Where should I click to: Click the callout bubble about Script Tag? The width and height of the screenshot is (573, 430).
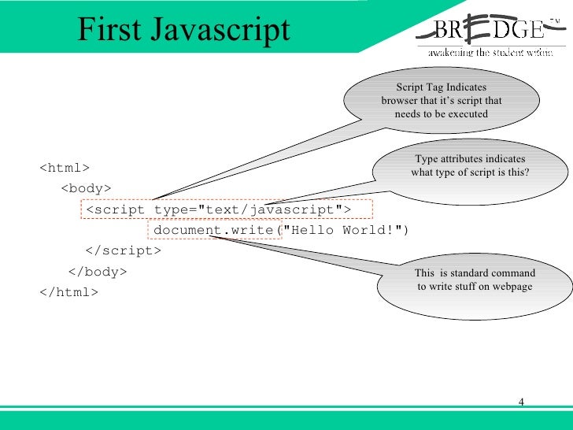point(442,101)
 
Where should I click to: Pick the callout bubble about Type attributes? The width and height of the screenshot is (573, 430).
point(470,166)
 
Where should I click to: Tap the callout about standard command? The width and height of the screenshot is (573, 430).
point(475,280)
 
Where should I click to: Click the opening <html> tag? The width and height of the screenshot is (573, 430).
point(64,168)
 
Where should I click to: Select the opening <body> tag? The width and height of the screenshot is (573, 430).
point(86,188)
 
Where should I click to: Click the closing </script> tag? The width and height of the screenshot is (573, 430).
point(122,250)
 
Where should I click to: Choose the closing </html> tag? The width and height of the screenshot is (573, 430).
point(68,291)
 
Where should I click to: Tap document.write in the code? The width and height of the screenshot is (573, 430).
point(213,230)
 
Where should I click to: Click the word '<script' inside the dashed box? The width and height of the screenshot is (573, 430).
point(115,209)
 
